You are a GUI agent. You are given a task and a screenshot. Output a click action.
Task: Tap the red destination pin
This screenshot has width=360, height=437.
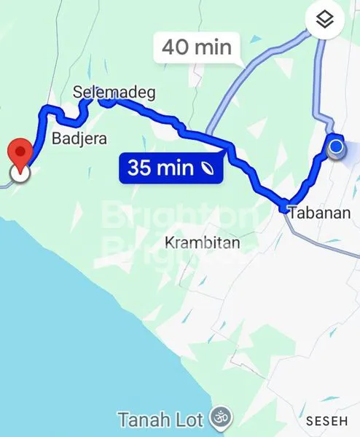pyautogui.click(x=20, y=154)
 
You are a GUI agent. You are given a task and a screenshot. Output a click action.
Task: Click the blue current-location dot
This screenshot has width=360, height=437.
pyautogui.click(x=336, y=148)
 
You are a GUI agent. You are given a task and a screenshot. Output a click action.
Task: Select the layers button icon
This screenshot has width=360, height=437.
pyautogui.click(x=325, y=20)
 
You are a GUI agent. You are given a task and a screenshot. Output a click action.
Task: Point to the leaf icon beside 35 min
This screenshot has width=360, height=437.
pyautogui.click(x=209, y=168)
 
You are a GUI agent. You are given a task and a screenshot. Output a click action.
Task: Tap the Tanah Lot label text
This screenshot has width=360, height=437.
pyautogui.click(x=162, y=420)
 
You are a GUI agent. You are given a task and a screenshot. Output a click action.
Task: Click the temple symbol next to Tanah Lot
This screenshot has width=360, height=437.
pyautogui.click(x=217, y=418)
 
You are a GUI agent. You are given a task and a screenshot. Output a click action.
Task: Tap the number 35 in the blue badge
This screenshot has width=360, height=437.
pyautogui.click(x=141, y=168)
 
